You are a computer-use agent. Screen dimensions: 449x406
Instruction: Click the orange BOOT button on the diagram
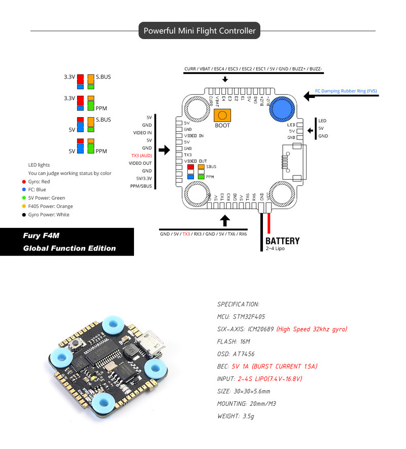[x=222, y=116]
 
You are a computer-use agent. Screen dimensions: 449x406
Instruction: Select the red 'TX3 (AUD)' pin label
[x=142, y=156]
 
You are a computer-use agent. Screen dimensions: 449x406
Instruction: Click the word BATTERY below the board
[x=283, y=241]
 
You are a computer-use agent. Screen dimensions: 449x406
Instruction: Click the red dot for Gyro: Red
[x=23, y=182]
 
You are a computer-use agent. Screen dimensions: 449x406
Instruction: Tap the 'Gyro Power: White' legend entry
[x=49, y=215]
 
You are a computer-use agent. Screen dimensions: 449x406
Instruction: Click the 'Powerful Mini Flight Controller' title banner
[x=199, y=31]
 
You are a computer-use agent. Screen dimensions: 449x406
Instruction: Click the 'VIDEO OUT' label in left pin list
[x=140, y=163]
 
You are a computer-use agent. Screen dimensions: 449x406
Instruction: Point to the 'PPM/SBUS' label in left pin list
[x=141, y=186]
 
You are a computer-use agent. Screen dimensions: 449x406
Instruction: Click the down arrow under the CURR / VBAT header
[x=225, y=80]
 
